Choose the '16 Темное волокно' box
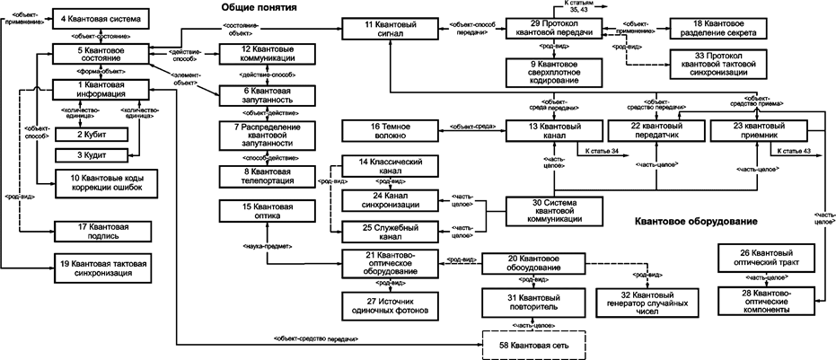tap(389, 132)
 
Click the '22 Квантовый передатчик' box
tap(655, 132)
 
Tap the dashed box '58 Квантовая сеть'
tap(534, 344)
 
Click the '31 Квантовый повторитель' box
tap(533, 301)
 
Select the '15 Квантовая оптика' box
tap(263, 212)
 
